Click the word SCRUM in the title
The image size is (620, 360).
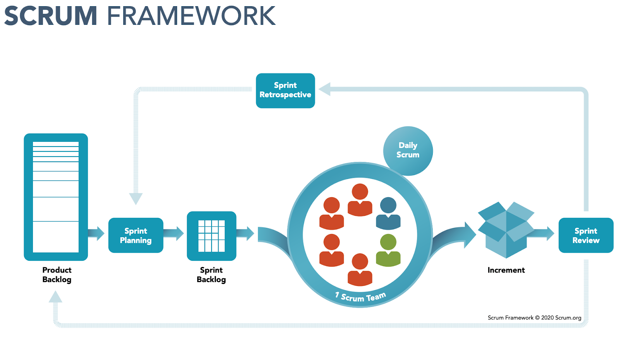tap(50, 16)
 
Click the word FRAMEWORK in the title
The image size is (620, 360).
tap(191, 16)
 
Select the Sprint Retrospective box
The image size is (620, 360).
tap(285, 90)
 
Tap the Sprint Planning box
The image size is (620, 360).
tap(136, 235)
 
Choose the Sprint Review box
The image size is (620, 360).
tap(586, 235)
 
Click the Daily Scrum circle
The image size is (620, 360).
tap(408, 150)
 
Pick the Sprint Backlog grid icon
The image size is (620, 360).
tap(211, 236)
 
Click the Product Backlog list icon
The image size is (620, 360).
tap(56, 197)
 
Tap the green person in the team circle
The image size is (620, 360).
tap(388, 251)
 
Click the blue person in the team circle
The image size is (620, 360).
tap(388, 214)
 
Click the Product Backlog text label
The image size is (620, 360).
tap(57, 275)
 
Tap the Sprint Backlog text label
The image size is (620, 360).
tap(211, 275)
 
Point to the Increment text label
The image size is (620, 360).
tap(506, 270)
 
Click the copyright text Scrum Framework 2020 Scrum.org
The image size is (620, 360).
tap(534, 318)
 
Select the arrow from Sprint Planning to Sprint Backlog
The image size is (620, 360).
tap(173, 233)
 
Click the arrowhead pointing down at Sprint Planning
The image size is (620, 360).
tap(136, 198)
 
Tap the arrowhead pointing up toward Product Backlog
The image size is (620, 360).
tap(55, 297)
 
